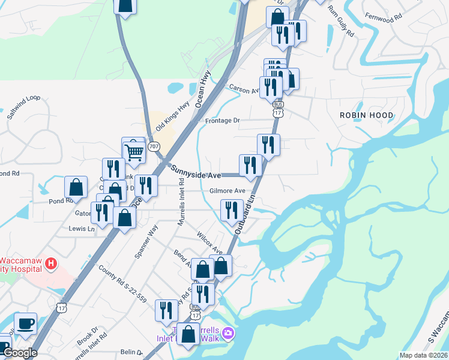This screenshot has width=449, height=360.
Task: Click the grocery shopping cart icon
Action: click(x=134, y=150)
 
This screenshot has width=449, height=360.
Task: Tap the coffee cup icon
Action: click(x=25, y=323)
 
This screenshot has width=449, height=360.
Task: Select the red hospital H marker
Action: click(x=52, y=263)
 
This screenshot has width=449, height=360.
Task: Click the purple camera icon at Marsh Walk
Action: click(x=228, y=333)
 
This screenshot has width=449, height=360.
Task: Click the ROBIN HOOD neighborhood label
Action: click(x=366, y=115)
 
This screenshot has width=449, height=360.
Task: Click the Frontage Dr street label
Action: click(x=222, y=121)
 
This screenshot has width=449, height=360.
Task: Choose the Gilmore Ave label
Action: click(x=227, y=191)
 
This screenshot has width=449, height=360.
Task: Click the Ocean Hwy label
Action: click(x=203, y=86)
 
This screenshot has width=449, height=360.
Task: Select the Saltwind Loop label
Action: click(x=23, y=106)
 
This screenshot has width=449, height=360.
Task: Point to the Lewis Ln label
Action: click(x=82, y=229)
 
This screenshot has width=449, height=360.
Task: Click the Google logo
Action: click(x=20, y=353)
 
